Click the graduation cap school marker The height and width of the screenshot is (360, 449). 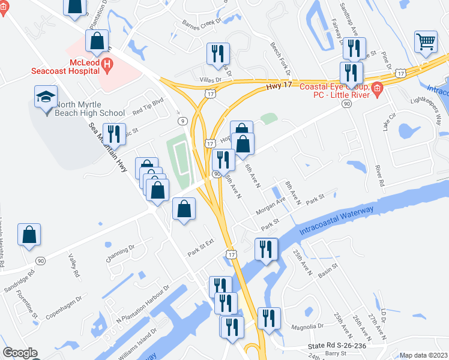coord(46,97)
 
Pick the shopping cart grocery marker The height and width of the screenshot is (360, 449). coord(426,41)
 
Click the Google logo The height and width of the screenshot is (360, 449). coord(20,353)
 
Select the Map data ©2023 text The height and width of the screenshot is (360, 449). coord(423,355)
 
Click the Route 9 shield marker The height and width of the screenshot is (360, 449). coord(181,121)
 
